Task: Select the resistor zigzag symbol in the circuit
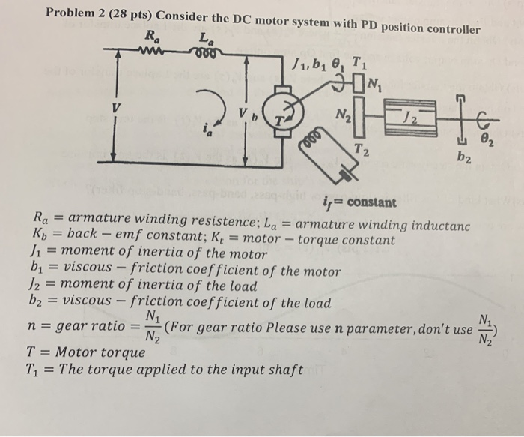[x=153, y=52]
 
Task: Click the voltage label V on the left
[x=115, y=108]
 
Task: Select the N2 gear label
[x=341, y=117]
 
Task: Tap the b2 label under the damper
[x=463, y=158]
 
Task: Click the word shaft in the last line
[x=284, y=370]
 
